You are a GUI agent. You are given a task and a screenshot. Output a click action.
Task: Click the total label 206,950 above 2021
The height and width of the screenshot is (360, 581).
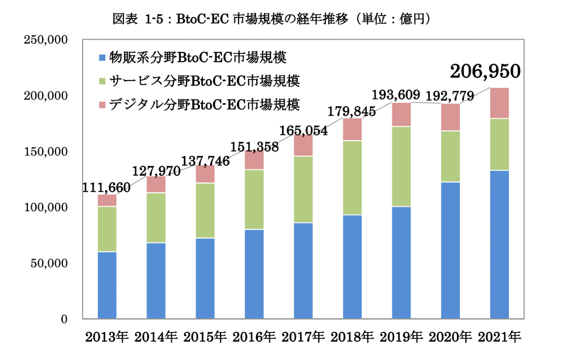(x=485, y=72)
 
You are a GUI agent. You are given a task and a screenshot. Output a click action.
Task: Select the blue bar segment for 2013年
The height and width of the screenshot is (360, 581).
(x=107, y=285)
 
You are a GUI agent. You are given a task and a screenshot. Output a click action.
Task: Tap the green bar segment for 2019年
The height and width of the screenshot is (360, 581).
(x=401, y=166)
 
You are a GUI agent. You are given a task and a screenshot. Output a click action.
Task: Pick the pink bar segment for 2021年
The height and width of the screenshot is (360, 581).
(x=499, y=103)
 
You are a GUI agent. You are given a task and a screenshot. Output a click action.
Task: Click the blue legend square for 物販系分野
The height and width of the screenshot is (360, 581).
(x=102, y=58)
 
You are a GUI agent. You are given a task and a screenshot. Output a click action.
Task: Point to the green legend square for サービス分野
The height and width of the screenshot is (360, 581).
(x=102, y=80)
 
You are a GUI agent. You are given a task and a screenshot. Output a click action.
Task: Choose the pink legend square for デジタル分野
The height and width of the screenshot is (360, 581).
(x=102, y=103)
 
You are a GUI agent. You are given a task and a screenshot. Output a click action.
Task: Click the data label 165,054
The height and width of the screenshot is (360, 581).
(x=304, y=130)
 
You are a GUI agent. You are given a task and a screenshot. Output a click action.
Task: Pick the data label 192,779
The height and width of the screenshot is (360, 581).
(x=450, y=95)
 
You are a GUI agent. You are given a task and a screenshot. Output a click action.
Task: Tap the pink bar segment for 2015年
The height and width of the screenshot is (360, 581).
(x=205, y=174)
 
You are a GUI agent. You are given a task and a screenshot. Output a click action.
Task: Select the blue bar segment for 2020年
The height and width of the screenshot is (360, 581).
(x=450, y=250)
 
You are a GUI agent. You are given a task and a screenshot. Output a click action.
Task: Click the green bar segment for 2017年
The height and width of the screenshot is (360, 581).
(x=303, y=189)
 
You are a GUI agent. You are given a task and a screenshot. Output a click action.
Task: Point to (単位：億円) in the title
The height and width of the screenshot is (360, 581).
(x=392, y=19)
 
